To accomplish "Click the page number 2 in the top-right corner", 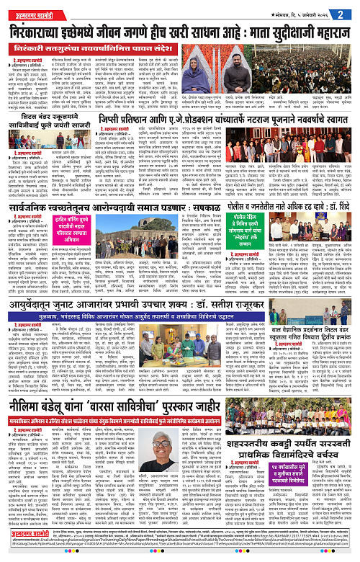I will [348, 12].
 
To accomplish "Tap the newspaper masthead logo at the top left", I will [35, 12].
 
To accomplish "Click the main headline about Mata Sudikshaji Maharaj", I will [180, 34].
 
